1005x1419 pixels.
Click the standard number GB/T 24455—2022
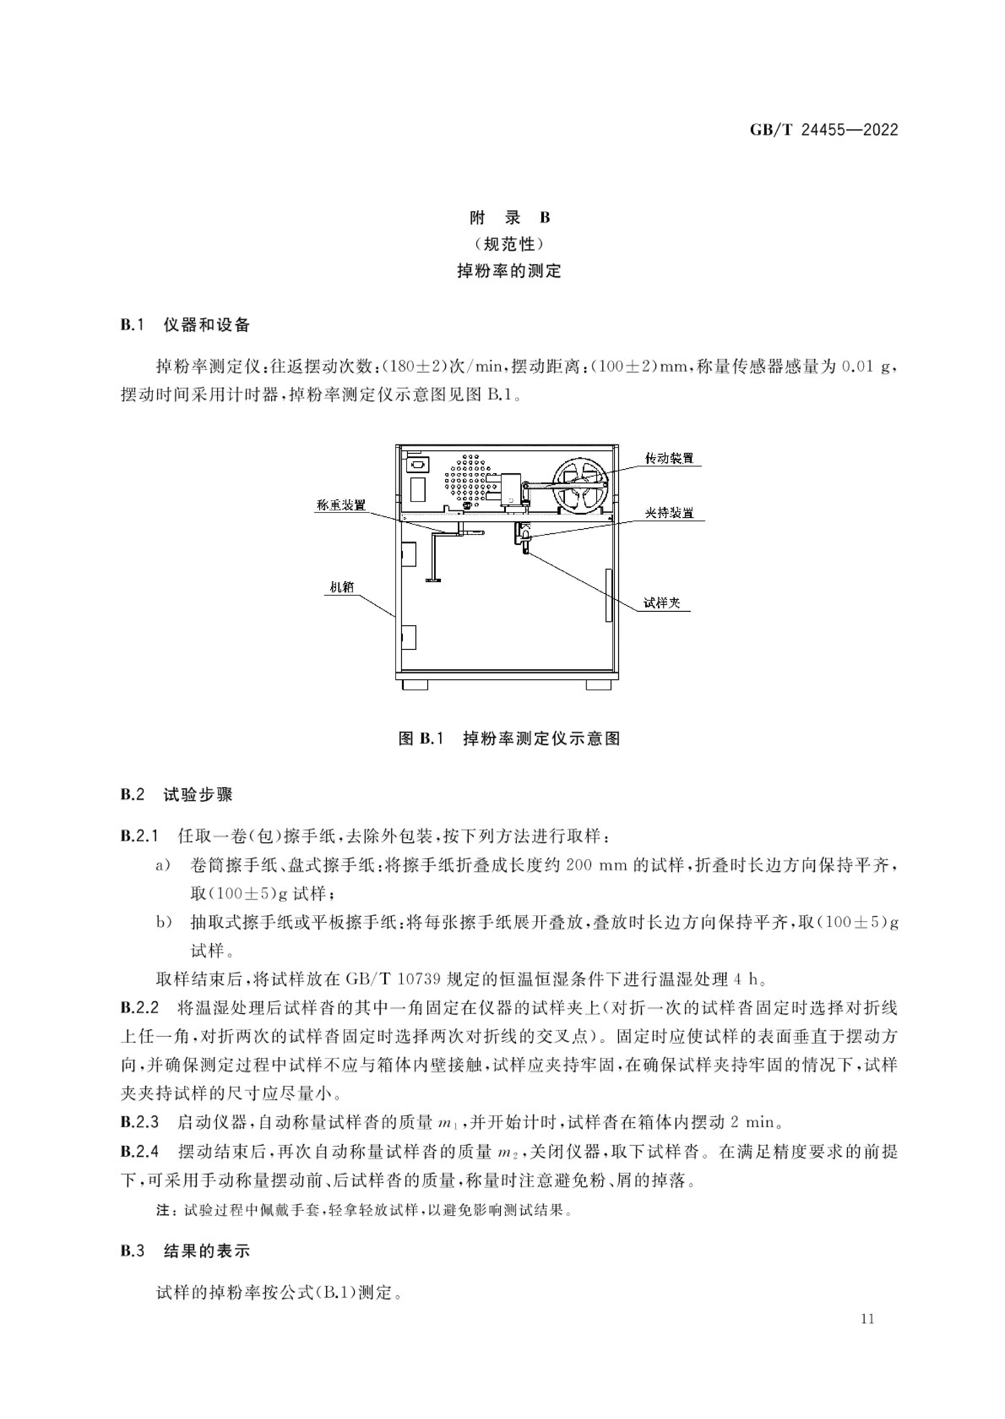click(823, 130)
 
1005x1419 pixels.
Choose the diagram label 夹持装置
click(669, 513)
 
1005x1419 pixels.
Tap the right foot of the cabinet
click(598, 685)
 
